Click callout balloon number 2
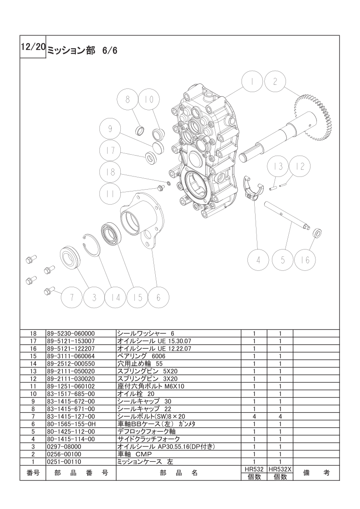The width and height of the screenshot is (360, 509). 275,81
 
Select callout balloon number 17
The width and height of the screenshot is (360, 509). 110,151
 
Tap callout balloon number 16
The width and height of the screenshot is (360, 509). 305,259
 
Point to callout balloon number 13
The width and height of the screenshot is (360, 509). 278,166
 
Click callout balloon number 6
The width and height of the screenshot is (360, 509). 158,297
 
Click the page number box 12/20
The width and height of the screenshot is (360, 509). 33,46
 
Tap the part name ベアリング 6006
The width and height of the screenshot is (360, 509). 141,356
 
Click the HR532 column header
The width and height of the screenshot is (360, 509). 254,469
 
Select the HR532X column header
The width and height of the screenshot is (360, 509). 280,469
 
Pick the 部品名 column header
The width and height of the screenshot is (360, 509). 179,473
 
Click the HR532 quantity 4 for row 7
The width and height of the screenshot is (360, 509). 254,416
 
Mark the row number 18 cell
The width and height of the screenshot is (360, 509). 33,333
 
